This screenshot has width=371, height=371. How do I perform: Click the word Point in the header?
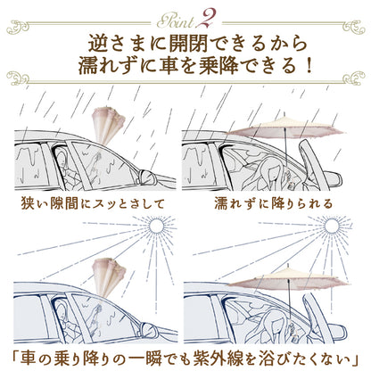(176, 21)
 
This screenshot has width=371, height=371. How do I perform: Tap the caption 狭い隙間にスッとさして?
(93, 204)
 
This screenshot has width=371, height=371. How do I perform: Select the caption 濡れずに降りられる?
(273, 204)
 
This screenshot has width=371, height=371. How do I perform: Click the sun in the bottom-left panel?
(156, 226)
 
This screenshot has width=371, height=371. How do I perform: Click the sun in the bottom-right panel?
(331, 226)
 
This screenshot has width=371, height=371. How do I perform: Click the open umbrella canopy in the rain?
(286, 128)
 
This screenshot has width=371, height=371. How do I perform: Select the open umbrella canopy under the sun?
(288, 279)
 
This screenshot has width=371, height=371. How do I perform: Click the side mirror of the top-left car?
(148, 177)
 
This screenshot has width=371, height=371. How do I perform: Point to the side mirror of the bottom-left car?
(150, 328)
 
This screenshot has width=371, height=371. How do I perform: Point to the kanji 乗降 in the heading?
(219, 66)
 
